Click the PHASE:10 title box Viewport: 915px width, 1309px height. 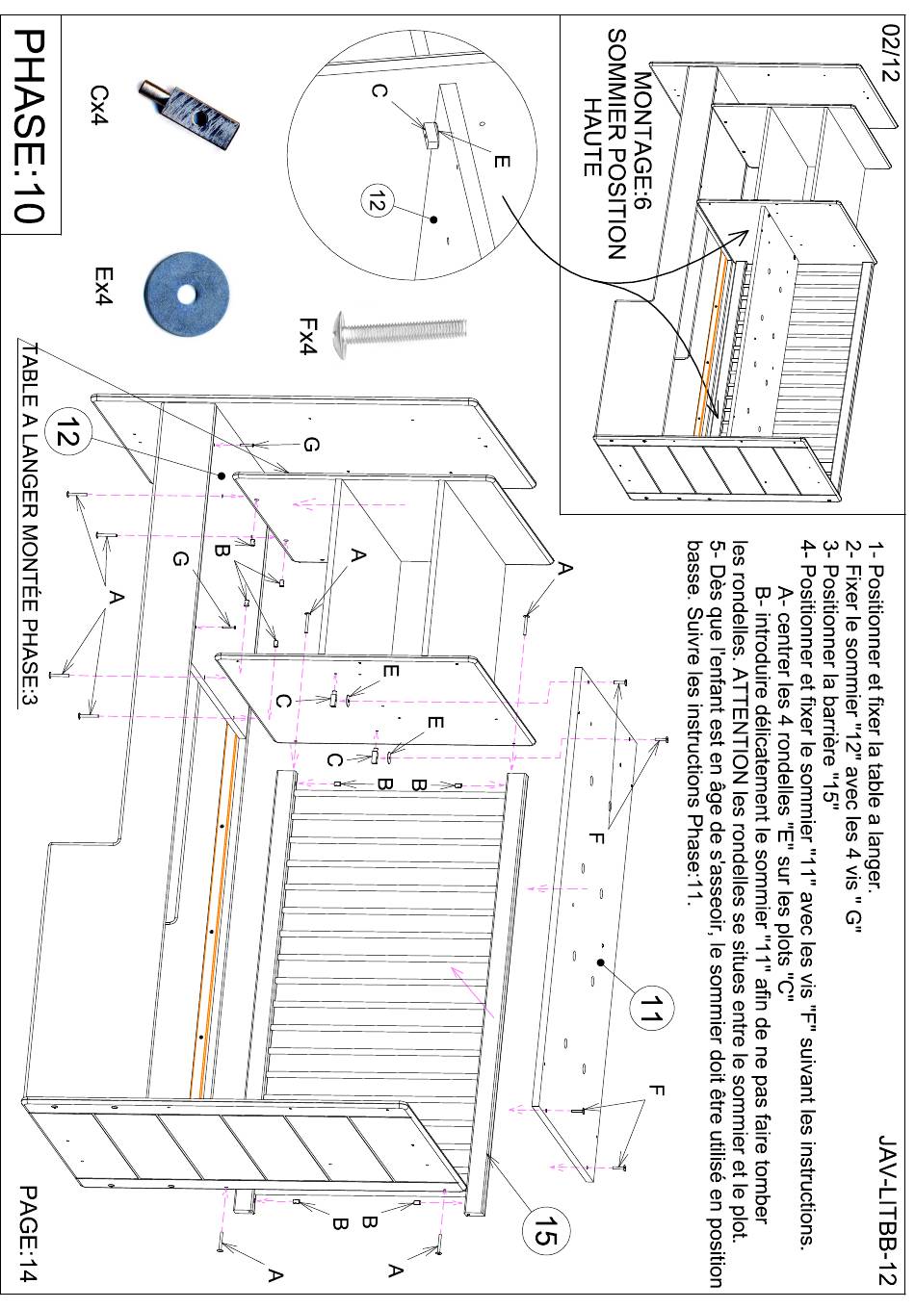pyautogui.click(x=31, y=124)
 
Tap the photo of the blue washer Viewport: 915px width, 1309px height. pyautogui.click(x=187, y=293)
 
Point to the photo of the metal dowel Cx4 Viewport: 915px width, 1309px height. pyautogui.click(x=189, y=115)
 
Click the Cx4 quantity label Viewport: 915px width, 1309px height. pyautogui.click(x=100, y=106)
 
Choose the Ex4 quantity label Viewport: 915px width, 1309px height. pyautogui.click(x=104, y=287)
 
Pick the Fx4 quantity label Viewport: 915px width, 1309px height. pyautogui.click(x=308, y=336)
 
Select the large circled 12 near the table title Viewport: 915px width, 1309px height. pyautogui.click(x=67, y=432)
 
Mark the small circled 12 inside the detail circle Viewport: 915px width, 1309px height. pyautogui.click(x=375, y=200)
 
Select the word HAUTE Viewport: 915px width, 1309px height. pyautogui.click(x=592, y=137)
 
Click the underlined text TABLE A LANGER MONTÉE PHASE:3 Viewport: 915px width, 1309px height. pyautogui.click(x=29, y=525)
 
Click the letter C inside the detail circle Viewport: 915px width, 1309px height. pyautogui.click(x=379, y=91)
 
